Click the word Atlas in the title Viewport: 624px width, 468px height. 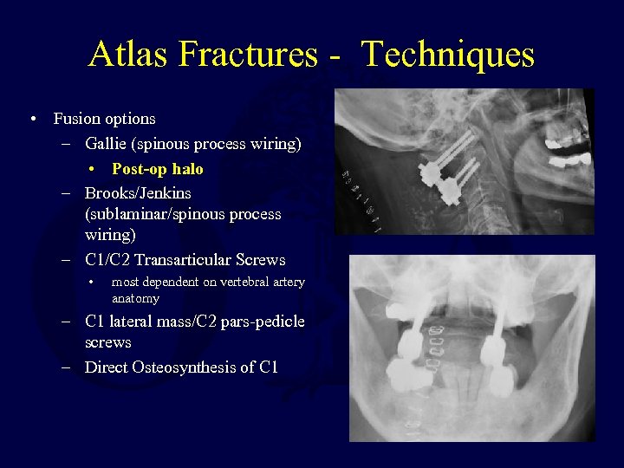tap(128, 55)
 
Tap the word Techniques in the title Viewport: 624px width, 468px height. tap(448, 55)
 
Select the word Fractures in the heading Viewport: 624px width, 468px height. tap(247, 55)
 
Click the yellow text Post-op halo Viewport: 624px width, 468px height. tap(157, 169)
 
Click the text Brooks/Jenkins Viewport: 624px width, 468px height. tap(138, 192)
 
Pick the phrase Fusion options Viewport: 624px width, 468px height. tap(104, 119)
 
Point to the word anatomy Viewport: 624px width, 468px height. tap(135, 298)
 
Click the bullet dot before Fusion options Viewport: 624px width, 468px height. tap(31, 119)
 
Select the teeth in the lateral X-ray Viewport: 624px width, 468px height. tap(563, 147)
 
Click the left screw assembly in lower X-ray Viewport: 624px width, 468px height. tap(409, 355)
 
